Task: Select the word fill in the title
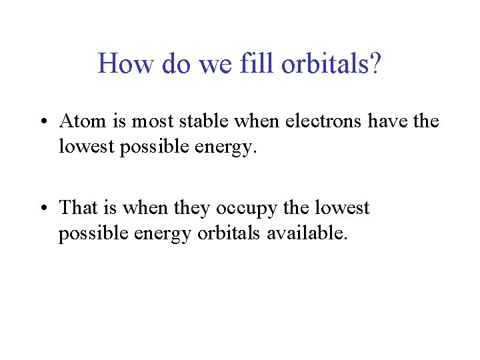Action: tap(261, 64)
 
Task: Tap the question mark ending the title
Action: tap(376, 64)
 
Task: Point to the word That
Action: tap(78, 208)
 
